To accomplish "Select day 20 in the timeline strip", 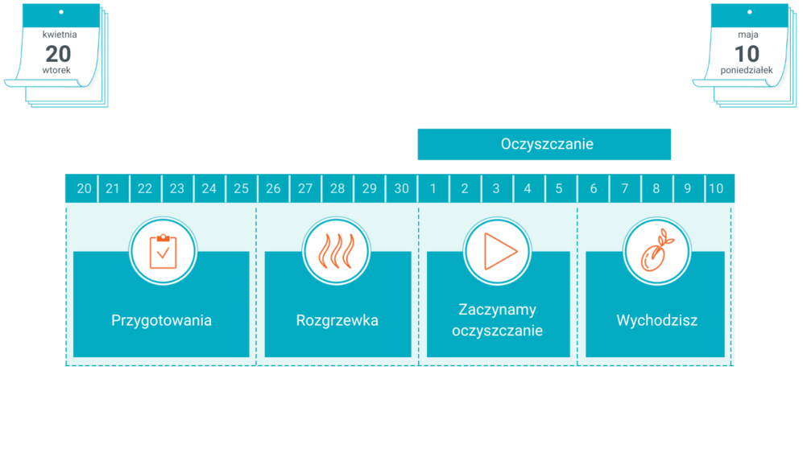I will pos(84,189).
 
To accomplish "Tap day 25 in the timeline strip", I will pos(241,189).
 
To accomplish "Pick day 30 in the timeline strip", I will pos(401,189).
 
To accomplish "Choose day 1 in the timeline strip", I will pos(433,189).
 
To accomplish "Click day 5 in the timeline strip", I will pos(559,189).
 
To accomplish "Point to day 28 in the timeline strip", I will pos(337,189).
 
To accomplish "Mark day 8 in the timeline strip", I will pos(656,189).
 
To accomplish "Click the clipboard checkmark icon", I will pos(163,251).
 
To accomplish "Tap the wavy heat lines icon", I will pos(337,251).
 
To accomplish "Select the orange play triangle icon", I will pos(498,251).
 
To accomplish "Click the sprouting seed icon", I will pos(656,251).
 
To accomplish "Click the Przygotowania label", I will pos(161,320).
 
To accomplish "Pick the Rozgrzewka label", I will pos(337,320).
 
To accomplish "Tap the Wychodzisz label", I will pos(656,320).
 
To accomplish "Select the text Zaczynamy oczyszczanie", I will pos(497,320).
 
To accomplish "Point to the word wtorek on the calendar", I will pos(57,71).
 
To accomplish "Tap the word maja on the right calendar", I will pos(747,35).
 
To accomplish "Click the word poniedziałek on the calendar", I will pos(747,71).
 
